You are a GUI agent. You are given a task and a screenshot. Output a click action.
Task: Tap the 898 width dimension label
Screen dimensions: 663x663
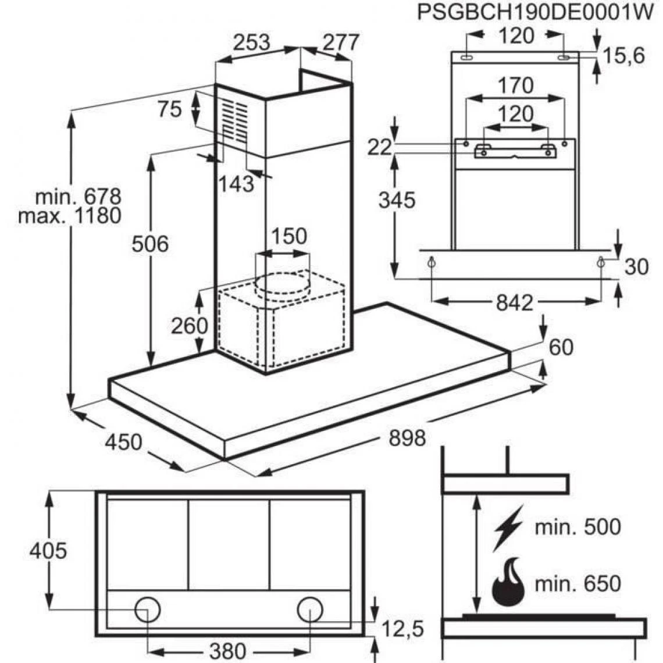(407, 437)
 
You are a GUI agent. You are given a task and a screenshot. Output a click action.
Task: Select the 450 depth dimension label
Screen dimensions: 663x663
(123, 442)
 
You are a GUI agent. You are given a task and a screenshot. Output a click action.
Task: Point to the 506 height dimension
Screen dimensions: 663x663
(149, 244)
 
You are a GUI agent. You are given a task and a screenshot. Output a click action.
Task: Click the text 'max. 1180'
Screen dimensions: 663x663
(70, 216)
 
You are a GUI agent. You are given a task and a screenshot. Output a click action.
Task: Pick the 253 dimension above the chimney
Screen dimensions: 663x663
(252, 42)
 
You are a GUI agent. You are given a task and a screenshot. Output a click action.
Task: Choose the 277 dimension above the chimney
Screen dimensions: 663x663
(341, 42)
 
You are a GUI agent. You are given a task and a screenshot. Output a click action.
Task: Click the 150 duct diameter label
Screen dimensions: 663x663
(289, 236)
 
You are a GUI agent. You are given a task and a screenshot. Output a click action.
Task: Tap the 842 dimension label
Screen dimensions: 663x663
(515, 303)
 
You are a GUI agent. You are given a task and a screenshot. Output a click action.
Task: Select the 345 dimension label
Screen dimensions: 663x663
(397, 200)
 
